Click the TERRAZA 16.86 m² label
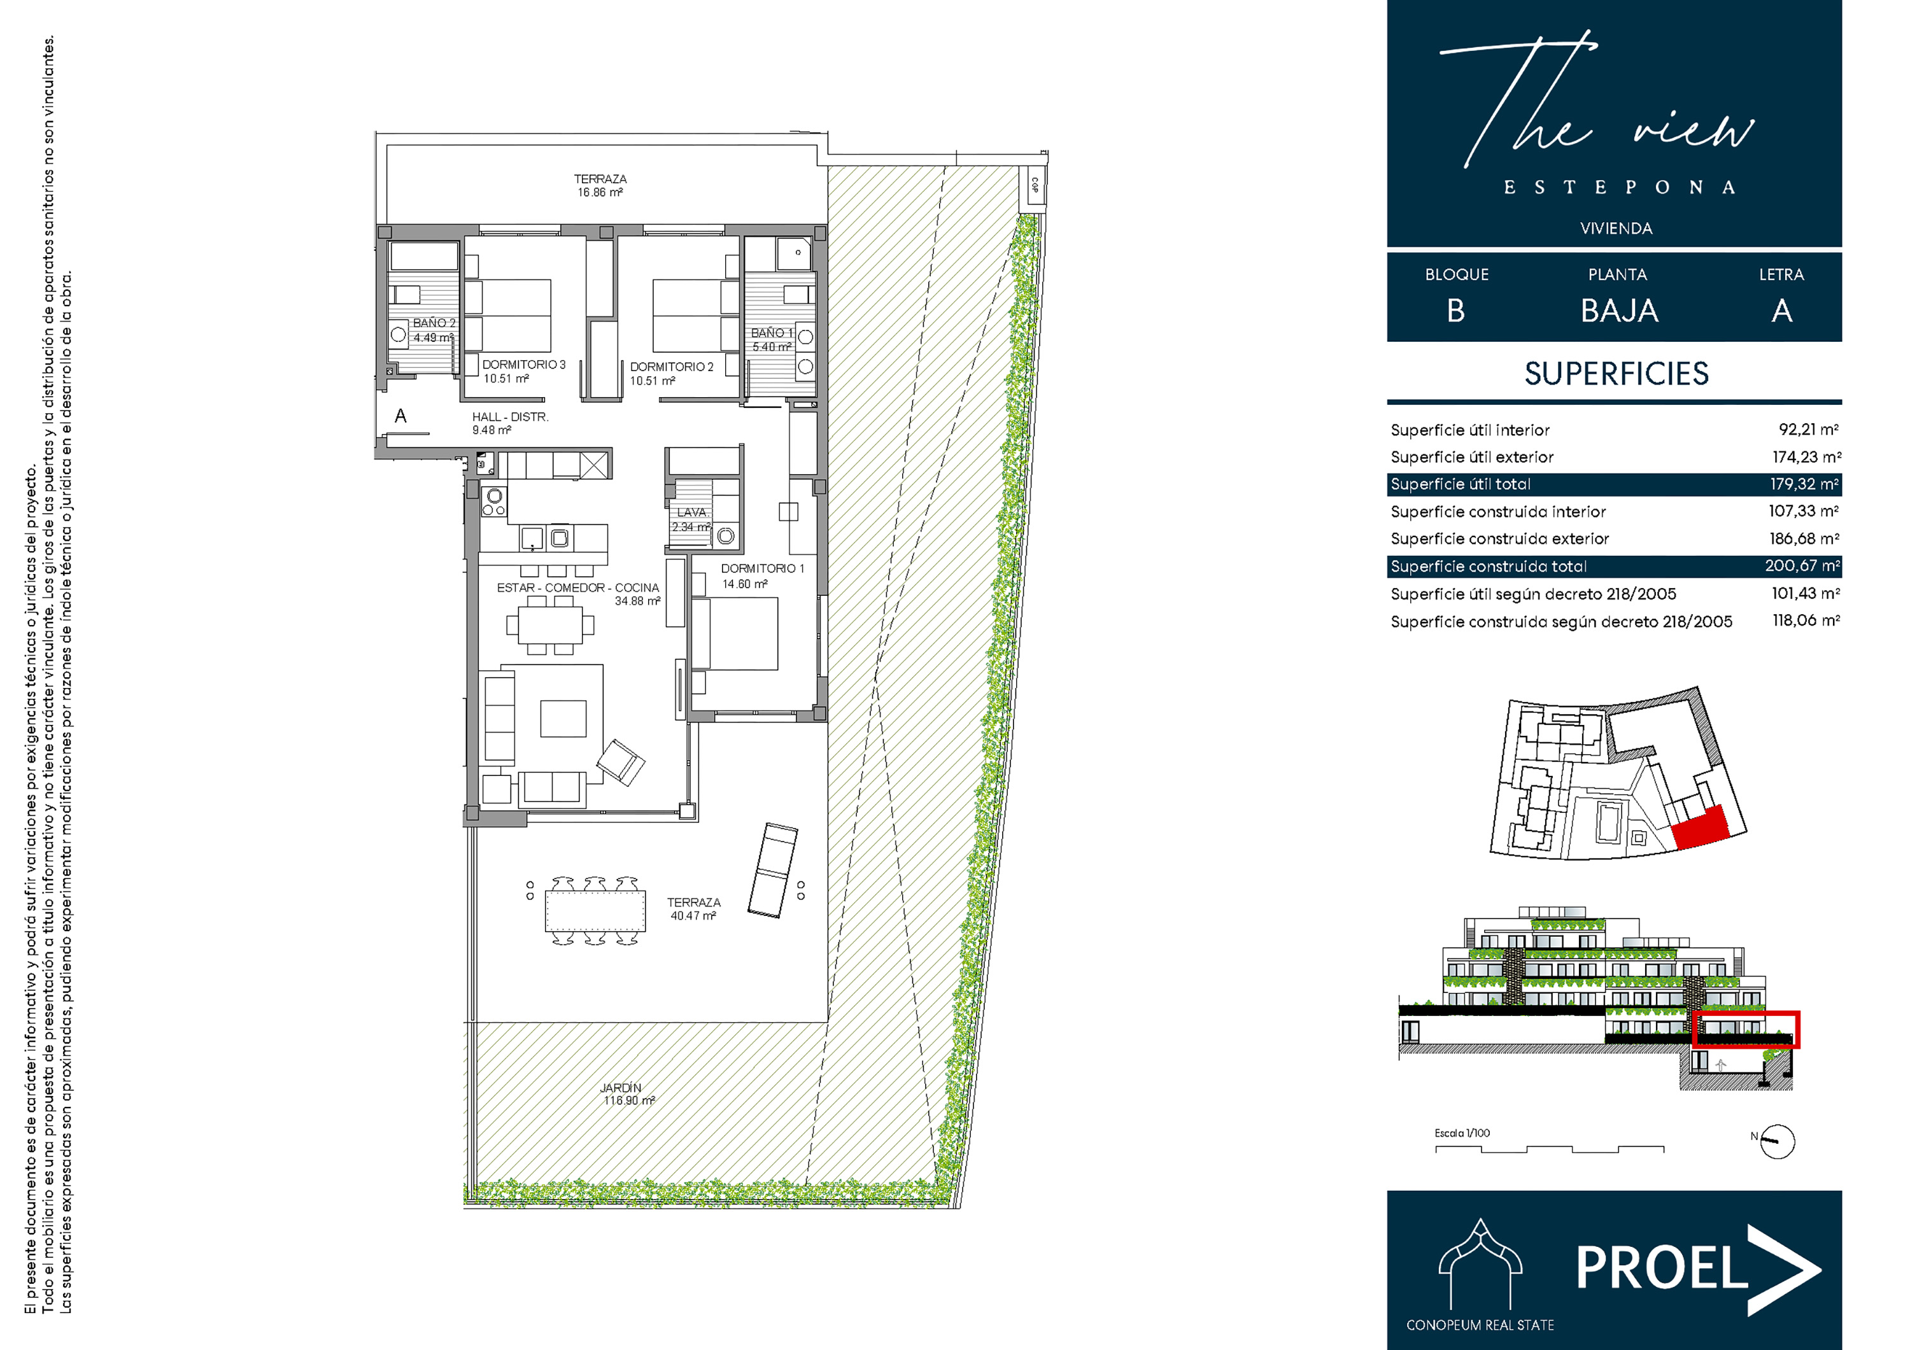pyautogui.click(x=600, y=185)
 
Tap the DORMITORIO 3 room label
pyautogui.click(x=523, y=371)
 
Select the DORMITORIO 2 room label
pyautogui.click(x=671, y=374)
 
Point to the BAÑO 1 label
pyautogui.click(x=772, y=339)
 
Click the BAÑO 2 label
pyautogui.click(x=434, y=330)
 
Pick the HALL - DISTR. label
pyautogui.click(x=510, y=423)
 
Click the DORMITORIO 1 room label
pyautogui.click(x=762, y=575)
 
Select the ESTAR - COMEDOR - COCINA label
pyautogui.click(x=578, y=594)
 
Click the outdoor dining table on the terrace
pyautogui.click(x=595, y=911)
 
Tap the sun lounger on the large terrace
pyautogui.click(x=773, y=870)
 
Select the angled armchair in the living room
pyautogui.click(x=621, y=762)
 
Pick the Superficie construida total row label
pyautogui.click(x=1489, y=566)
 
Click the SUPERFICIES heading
pyautogui.click(x=1616, y=374)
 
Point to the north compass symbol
pyautogui.click(x=1776, y=1141)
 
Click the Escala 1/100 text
pyautogui.click(x=1462, y=1133)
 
